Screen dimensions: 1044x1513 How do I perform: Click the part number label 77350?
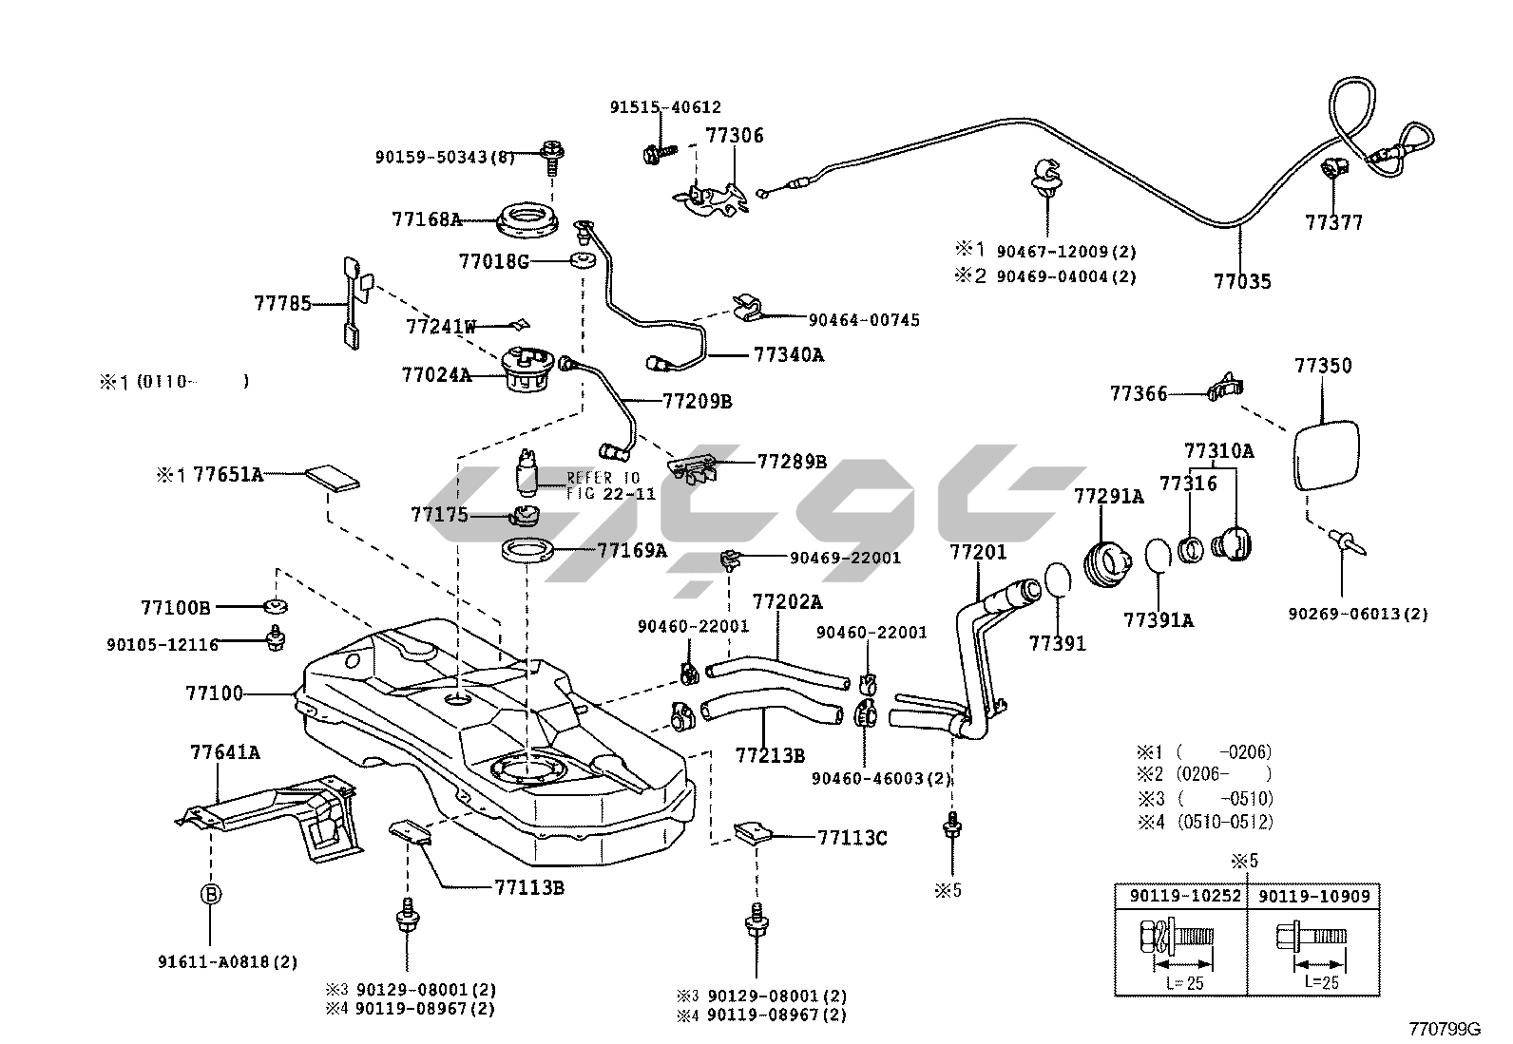click(1322, 366)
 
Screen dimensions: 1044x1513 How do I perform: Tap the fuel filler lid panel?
click(1327, 455)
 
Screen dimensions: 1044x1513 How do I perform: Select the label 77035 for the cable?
click(1242, 281)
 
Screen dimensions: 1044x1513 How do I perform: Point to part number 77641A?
click(225, 753)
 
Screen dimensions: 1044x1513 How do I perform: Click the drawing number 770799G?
click(1445, 1029)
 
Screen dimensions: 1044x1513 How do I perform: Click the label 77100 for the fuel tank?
click(215, 694)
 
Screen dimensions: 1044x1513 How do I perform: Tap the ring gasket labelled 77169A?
click(527, 550)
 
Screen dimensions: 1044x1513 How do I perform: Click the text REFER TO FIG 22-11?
click(603, 485)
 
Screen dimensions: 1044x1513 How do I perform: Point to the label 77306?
click(734, 136)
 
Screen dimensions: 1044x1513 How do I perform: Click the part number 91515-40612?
click(665, 108)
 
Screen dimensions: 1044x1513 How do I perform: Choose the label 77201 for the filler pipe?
click(978, 553)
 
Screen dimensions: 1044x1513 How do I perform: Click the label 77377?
click(1333, 222)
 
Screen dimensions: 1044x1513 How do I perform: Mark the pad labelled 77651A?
click(333, 477)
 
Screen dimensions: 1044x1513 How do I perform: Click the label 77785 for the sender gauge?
click(282, 304)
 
